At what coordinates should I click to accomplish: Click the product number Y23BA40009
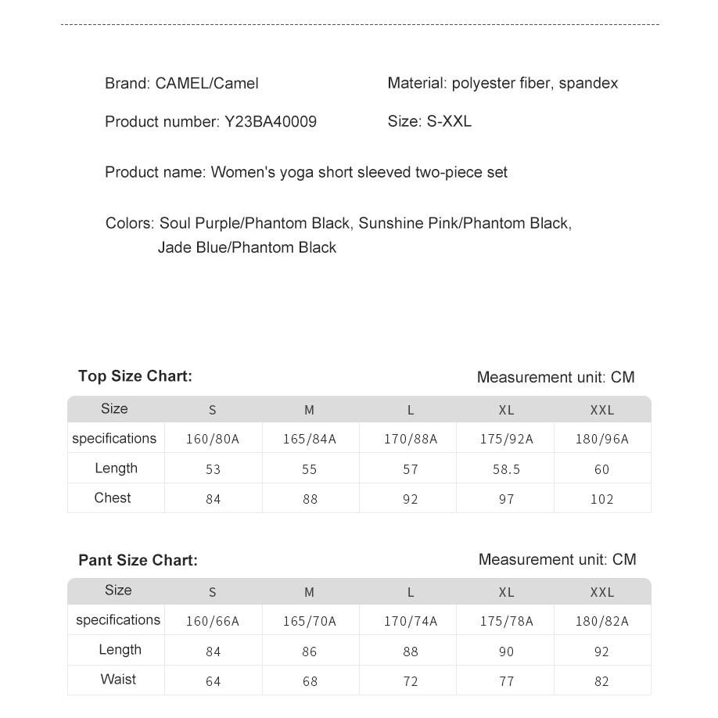click(271, 122)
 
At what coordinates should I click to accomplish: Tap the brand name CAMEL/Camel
click(206, 84)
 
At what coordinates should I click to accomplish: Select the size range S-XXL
click(449, 122)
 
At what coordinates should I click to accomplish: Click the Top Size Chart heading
click(135, 376)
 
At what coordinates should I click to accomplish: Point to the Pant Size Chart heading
click(138, 560)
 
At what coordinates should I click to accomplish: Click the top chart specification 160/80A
click(213, 440)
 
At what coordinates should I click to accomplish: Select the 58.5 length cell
click(506, 469)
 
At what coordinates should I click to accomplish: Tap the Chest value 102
click(601, 499)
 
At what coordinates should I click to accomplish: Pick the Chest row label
click(113, 498)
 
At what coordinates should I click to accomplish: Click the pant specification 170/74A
click(411, 622)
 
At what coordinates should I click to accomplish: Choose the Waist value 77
click(506, 681)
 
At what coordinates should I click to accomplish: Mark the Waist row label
click(118, 680)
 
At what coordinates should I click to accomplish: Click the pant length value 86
click(310, 652)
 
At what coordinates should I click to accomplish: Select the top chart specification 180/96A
click(601, 440)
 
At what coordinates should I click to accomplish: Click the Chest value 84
click(213, 499)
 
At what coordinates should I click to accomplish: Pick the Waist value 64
click(213, 681)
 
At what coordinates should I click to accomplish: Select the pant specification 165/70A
click(310, 622)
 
